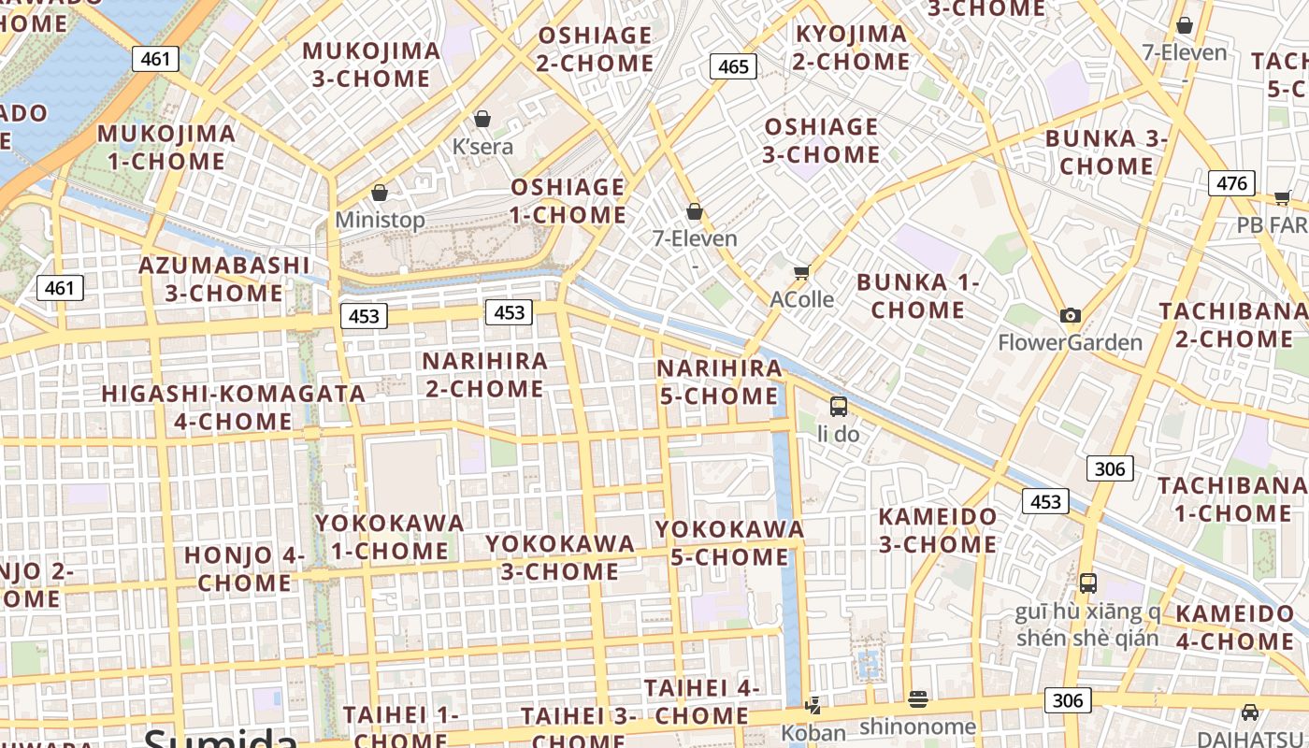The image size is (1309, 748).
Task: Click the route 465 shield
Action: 733,66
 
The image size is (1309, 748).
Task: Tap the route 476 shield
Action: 1230,183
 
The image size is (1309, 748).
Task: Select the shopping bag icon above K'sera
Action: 482,119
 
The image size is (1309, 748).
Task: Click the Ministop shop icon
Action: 380,193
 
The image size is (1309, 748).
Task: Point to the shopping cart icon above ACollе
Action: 801,273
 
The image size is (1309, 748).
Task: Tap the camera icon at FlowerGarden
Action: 1071,316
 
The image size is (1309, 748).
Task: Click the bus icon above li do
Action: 839,407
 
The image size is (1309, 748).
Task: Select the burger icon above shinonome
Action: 917,698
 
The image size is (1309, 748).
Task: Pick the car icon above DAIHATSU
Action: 1250,712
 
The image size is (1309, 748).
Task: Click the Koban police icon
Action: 813,705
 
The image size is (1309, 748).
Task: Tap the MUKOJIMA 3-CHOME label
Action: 371,65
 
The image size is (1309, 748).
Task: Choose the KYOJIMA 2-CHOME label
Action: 851,48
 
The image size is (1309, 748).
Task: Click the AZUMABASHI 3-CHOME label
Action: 224,279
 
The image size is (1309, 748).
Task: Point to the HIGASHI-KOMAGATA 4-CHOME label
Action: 234,408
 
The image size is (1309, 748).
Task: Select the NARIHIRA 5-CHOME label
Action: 719,381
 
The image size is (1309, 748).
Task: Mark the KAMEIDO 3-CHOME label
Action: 938,530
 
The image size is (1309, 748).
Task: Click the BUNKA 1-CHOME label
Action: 917,295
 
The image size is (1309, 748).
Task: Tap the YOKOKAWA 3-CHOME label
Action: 560,557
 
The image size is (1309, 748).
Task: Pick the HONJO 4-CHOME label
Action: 245,568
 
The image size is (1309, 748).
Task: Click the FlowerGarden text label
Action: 1070,342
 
